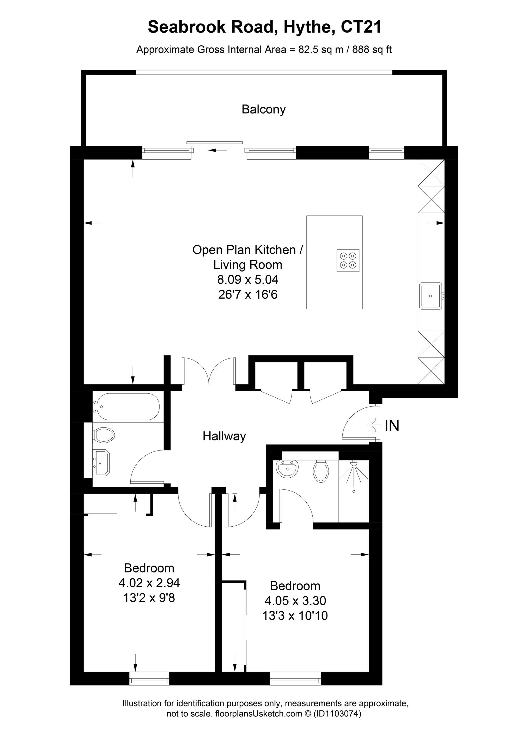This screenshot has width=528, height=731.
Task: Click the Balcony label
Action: coord(264,109)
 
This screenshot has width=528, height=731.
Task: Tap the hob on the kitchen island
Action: coord(348,260)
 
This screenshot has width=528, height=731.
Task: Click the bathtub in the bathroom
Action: coord(126,406)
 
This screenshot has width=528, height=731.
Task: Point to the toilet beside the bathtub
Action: coord(104,435)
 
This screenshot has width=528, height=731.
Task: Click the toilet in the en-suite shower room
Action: coord(321,472)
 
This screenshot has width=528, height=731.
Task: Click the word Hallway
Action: coord(224,436)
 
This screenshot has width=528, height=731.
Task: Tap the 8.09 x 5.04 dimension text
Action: coord(247,279)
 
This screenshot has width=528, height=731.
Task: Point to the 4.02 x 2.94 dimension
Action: coord(149,583)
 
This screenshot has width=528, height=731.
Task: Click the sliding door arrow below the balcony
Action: coord(217,150)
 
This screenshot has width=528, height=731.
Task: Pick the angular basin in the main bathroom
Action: coord(101,462)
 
